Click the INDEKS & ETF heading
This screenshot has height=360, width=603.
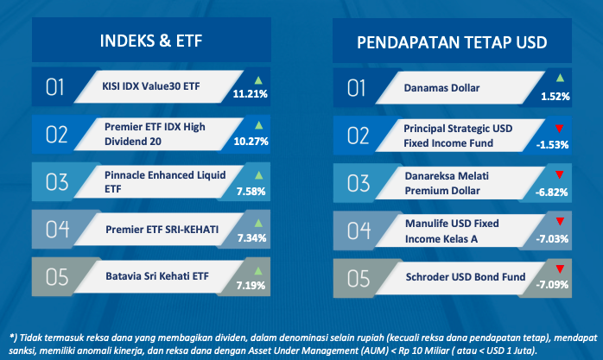[151, 41]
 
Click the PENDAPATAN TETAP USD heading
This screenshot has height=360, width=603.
[452, 42]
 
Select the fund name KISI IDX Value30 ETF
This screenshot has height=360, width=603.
[150, 86]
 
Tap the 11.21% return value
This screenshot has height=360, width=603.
[250, 94]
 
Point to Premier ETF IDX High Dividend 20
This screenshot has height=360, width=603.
[155, 134]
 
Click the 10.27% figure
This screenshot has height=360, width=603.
[251, 142]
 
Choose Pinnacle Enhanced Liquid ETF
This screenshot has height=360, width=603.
[165, 182]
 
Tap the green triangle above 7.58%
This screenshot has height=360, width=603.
[259, 175]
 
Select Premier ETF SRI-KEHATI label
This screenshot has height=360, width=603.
[162, 230]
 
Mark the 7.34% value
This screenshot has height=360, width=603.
[251, 238]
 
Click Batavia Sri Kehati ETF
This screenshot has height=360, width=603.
[157, 276]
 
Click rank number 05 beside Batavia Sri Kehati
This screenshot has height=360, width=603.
[57, 277]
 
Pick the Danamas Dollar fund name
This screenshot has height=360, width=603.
[441, 88]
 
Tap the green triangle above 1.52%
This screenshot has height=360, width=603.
[560, 78]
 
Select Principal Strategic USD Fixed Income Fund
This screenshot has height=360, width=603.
[458, 136]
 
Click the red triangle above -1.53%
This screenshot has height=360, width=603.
[559, 129]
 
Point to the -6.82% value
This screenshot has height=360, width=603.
[551, 193]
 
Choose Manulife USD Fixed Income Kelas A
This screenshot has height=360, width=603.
[452, 231]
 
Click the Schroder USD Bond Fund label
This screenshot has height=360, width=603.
[466, 277]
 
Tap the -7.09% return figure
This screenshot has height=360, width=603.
[552, 285]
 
